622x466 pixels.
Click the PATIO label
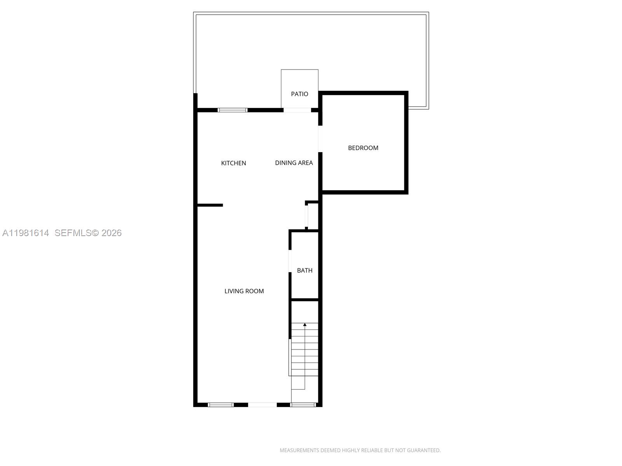[x=299, y=94]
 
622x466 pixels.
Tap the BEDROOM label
[x=363, y=148]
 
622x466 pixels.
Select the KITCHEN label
[x=233, y=163]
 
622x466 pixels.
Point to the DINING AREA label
[x=294, y=163]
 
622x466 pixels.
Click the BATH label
[x=305, y=270]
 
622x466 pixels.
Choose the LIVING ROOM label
[x=244, y=291]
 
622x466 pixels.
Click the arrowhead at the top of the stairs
[x=305, y=324]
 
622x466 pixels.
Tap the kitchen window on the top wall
[x=232, y=110]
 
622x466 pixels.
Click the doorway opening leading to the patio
[x=297, y=110]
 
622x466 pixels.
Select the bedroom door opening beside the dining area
[x=320, y=139]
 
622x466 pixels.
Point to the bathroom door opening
[x=290, y=261]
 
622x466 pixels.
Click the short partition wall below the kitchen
[x=210, y=205]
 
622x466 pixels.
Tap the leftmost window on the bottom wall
[x=220, y=405]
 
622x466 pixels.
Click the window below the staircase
[x=303, y=405]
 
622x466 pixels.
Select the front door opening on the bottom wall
[x=262, y=405]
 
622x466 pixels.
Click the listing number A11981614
[x=26, y=233]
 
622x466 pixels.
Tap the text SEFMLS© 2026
[x=88, y=233]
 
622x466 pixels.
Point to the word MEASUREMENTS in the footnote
[x=299, y=450]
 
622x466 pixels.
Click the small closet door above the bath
[x=306, y=216]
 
